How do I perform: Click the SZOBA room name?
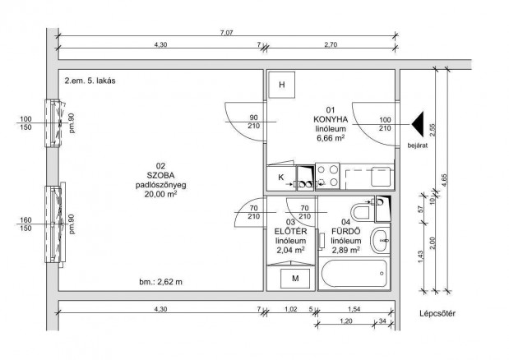(x=161, y=175)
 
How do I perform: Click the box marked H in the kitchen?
(x=281, y=86)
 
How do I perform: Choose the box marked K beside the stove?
(x=280, y=178)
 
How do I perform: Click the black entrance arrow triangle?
(x=418, y=125)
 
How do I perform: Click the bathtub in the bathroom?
(x=354, y=273)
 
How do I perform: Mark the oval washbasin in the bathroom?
(x=379, y=241)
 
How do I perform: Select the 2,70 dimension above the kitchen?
(x=331, y=46)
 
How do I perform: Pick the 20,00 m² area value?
(x=161, y=196)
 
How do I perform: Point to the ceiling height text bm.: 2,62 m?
(x=161, y=282)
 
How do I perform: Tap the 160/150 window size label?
(x=25, y=225)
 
